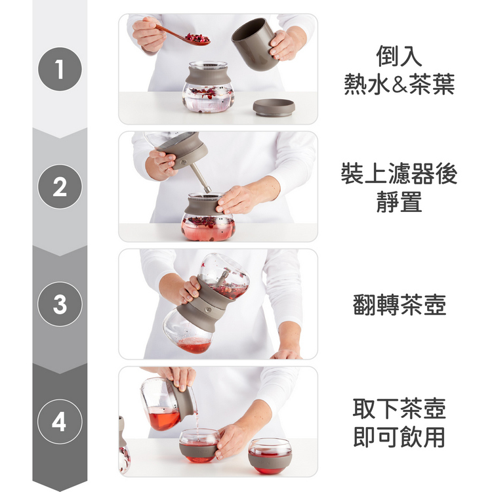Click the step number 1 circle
tap(60, 69)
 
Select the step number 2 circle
tap(60, 186)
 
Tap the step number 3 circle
tap(60, 304)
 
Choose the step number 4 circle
tap(60, 421)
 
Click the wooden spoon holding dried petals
tap(182, 35)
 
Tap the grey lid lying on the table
tap(274, 108)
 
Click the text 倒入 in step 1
tap(399, 56)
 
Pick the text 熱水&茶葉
tap(399, 84)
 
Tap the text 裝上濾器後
tap(399, 173)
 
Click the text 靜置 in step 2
tap(399, 201)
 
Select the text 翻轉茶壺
tap(399, 304)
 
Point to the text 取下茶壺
tap(399, 409)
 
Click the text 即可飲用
tap(399, 437)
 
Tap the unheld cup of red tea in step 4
tap(270, 457)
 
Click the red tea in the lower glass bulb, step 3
tap(194, 346)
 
